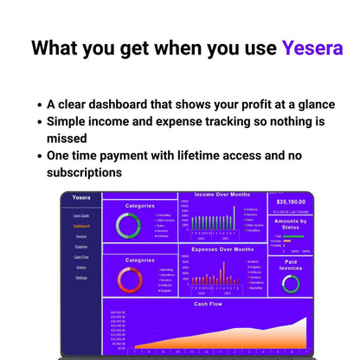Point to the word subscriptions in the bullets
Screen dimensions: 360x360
[85, 173]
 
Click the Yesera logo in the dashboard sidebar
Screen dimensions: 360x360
[80, 199]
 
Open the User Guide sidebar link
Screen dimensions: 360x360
[80, 215]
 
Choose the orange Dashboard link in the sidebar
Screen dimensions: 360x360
[80, 226]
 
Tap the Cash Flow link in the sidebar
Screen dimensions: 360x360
[80, 257]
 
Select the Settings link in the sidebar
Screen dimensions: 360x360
[80, 278]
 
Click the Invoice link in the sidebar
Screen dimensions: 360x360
[80, 267]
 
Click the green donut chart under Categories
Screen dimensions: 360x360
[128, 226]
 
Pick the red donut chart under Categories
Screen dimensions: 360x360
[128, 279]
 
